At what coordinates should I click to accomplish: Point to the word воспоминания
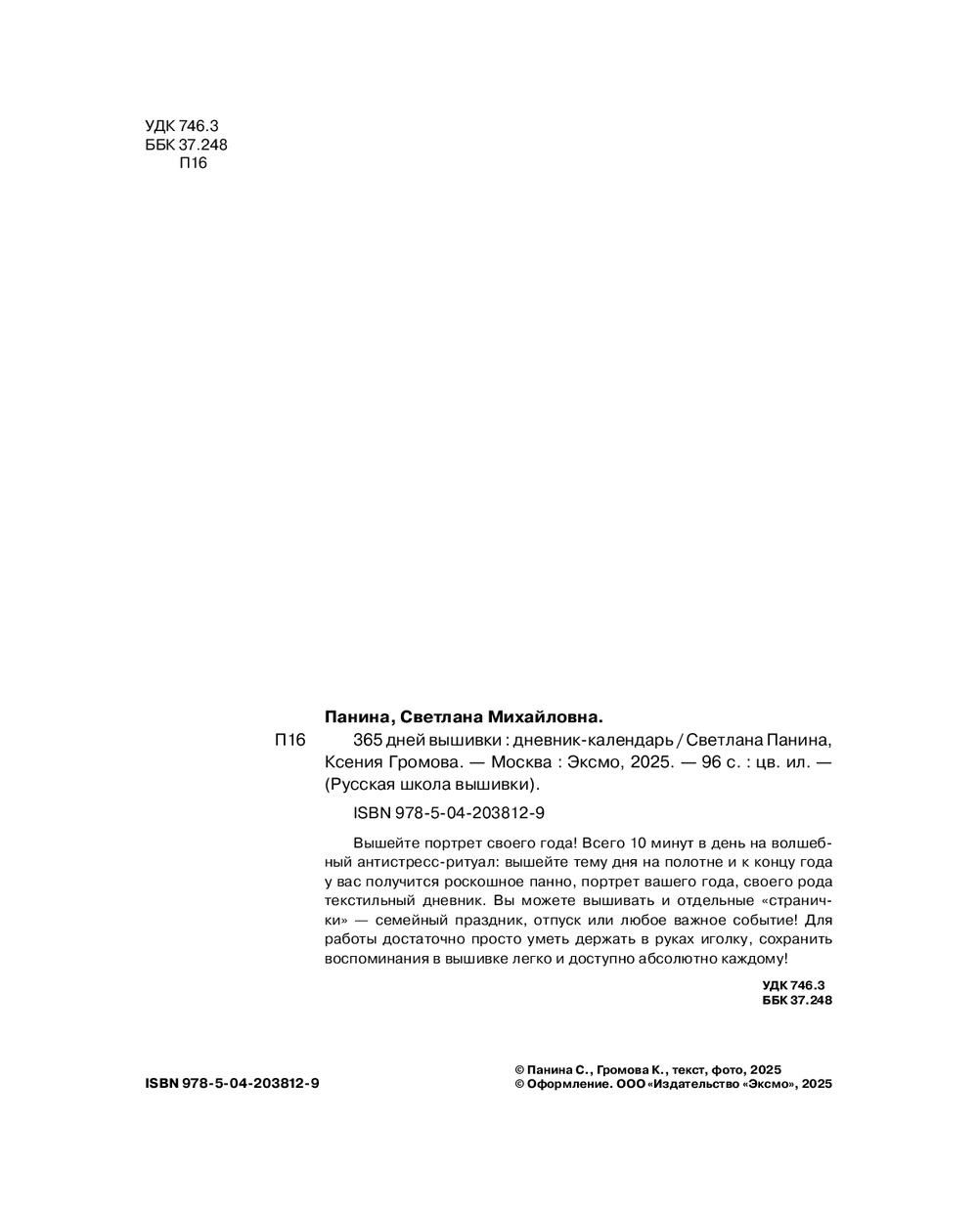click(375, 959)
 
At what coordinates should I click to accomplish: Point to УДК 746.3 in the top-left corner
click(181, 126)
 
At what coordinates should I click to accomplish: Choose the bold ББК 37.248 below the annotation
click(796, 1000)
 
